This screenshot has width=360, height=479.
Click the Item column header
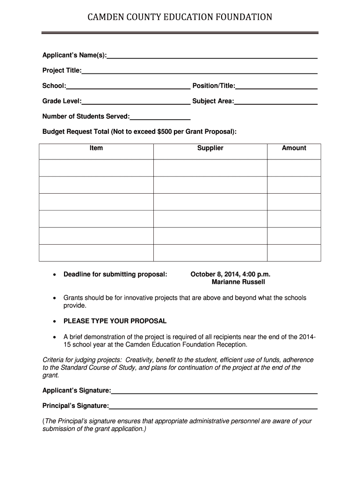pos(96,148)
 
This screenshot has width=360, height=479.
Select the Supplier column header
pos(210,148)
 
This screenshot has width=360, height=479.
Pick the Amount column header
pos(294,148)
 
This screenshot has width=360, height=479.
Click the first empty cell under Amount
pos(294,168)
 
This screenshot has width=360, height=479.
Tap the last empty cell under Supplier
pos(210,253)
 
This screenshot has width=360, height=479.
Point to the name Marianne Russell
pos(238,282)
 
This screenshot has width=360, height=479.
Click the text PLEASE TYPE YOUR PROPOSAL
pos(115,321)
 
